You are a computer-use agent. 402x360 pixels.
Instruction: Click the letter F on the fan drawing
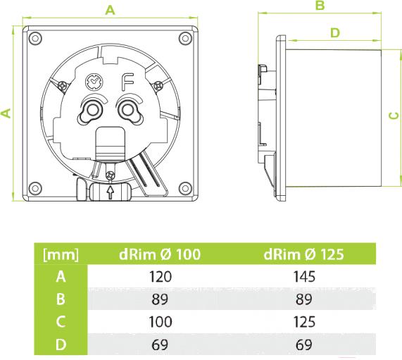tap(127, 82)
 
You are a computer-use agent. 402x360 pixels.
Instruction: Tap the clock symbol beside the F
tap(94, 82)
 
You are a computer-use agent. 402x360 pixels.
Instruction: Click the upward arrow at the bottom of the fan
tap(111, 192)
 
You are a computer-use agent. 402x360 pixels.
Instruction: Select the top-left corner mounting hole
tap(35, 39)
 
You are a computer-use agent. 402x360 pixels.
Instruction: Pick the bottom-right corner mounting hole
tap(185, 188)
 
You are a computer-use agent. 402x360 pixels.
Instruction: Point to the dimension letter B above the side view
tap(320, 5)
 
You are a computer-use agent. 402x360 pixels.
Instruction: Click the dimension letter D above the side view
tap(335, 33)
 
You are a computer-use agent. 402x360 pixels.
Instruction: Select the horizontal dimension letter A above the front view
tap(110, 10)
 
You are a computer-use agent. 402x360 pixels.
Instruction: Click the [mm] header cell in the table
tap(61, 254)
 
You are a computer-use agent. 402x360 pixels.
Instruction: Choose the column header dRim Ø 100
tap(160, 254)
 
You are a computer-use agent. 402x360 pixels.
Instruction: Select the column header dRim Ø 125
tap(303, 254)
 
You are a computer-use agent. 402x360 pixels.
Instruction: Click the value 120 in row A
tap(161, 277)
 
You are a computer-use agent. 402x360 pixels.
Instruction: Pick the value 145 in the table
tap(304, 277)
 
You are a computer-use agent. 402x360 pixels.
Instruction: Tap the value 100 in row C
tap(161, 322)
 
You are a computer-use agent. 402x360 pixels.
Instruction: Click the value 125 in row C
tap(304, 322)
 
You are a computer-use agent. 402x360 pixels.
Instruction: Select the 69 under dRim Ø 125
tap(304, 345)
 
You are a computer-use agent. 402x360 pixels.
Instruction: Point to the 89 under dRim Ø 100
tap(160, 299)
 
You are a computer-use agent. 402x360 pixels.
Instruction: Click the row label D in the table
tap(61, 345)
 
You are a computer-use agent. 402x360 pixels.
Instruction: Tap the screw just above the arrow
tap(111, 175)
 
